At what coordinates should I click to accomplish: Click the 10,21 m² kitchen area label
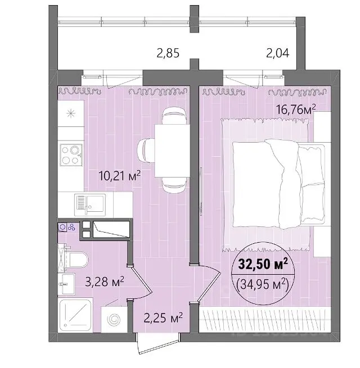pos(120,175)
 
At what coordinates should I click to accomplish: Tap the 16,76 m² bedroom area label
pos(296,110)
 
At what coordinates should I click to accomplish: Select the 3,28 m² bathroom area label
pos(105,281)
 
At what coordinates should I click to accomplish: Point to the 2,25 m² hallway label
pos(163,317)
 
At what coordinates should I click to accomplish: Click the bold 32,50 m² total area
pos(263,263)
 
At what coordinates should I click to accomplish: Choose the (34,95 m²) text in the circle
pos(263,285)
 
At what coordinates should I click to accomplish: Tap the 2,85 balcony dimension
pos(168,53)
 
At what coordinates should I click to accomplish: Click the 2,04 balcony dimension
pos(278,53)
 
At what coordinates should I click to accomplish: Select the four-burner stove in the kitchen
pos(71,155)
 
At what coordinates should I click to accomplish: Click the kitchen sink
pos(90,205)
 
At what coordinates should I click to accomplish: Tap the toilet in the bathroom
pos(76,260)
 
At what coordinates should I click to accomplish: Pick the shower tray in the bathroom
pos(75,315)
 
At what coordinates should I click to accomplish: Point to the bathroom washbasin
pos(66,284)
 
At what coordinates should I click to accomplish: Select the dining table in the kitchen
pos(172,151)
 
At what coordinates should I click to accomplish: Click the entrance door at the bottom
pos(159,344)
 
